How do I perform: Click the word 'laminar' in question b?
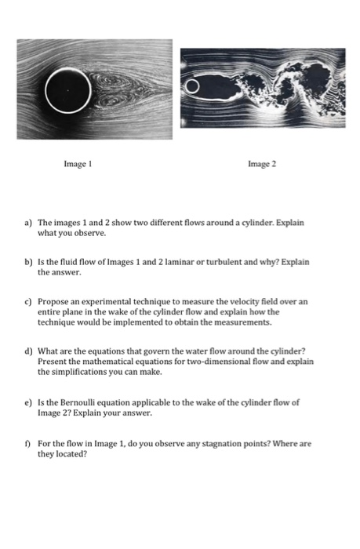coord(166,267)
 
